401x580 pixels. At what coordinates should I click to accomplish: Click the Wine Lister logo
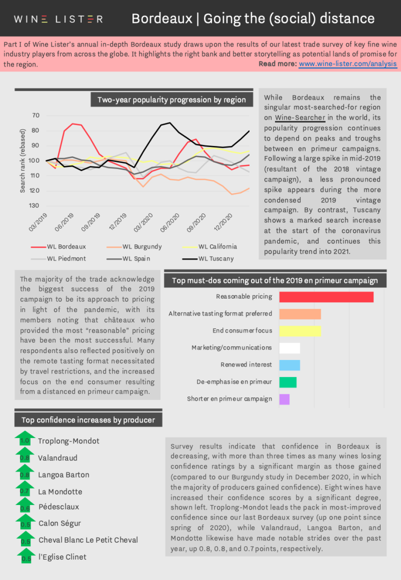coord(58,19)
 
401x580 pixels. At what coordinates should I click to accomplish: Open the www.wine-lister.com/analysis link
coord(348,64)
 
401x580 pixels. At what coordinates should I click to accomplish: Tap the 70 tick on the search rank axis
coord(36,115)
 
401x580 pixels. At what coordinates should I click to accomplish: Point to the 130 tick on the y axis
coord(34,206)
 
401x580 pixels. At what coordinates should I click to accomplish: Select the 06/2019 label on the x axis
coord(64,222)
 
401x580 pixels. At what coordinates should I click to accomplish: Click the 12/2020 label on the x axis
coord(223,222)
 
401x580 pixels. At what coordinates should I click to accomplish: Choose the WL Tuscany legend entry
coord(208,259)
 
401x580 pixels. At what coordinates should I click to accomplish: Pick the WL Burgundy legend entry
coord(134,247)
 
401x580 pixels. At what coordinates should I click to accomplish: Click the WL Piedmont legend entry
coord(58,259)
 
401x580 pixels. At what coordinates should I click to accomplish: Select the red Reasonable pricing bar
coord(326,297)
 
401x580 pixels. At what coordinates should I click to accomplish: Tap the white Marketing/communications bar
coord(289,348)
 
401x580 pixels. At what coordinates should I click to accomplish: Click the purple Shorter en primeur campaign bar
coord(284,399)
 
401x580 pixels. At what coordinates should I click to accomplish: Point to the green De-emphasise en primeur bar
coord(288,382)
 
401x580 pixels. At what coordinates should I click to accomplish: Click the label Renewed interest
coord(246,365)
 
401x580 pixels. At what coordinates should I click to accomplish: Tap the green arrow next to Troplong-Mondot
coord(25,438)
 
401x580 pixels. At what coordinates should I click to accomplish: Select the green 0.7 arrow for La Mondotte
coord(25,488)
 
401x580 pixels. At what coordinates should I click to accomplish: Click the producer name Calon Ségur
coord(60,523)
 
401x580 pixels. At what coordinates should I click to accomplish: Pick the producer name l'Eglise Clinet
coord(62,557)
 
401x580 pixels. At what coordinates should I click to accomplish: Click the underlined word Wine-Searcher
coord(300,118)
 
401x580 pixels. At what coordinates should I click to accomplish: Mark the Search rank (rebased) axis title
coord(23,161)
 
